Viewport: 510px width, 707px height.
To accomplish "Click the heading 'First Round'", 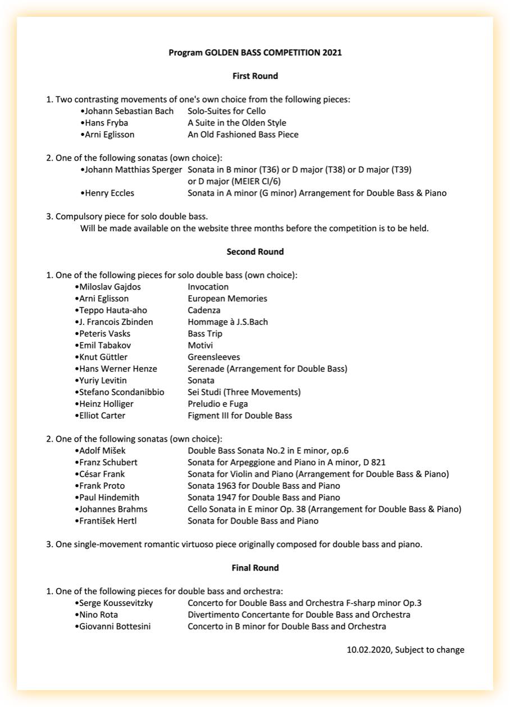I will [x=255, y=76].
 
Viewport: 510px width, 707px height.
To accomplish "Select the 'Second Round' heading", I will [x=255, y=251].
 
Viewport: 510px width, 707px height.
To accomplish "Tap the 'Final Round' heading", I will [x=255, y=568].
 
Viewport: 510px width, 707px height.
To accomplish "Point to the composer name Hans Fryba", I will [x=106, y=123].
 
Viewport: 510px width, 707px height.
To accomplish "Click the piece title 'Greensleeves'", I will [x=213, y=357].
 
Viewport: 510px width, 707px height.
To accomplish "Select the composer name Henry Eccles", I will [x=110, y=193].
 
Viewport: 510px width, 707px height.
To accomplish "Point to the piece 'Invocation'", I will [x=208, y=287].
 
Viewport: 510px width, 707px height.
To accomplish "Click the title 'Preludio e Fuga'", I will [x=217, y=404].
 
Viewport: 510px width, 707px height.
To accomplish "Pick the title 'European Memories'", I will [x=227, y=299].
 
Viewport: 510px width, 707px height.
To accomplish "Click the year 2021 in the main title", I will [x=332, y=53].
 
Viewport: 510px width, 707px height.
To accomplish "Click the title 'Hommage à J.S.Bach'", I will [x=227, y=322].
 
